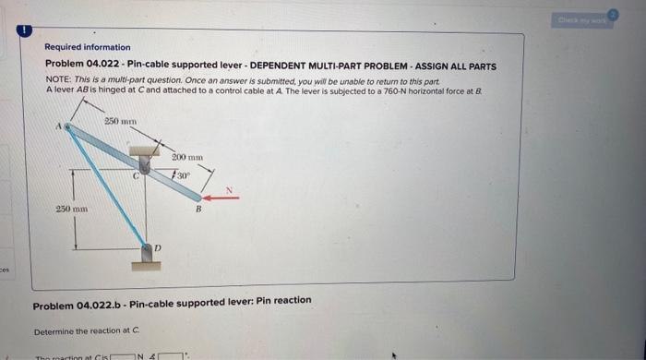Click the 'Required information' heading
point(88,47)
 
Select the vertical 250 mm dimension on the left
point(71,211)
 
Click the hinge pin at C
point(144,163)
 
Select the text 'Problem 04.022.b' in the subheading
point(73,301)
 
